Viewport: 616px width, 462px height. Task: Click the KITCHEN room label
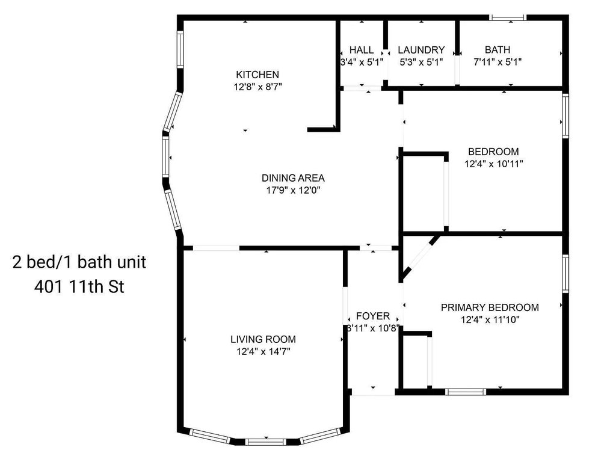pos(257,75)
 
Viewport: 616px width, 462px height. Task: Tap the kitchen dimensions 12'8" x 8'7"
pos(257,87)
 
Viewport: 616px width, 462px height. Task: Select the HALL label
pos(362,50)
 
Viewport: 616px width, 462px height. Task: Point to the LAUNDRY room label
pos(421,50)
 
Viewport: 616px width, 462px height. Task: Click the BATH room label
pos(497,50)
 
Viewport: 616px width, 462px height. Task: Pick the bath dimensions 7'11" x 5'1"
pos(497,62)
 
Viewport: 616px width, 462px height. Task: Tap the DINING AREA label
pos(293,178)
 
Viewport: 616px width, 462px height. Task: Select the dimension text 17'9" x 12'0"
pos(293,191)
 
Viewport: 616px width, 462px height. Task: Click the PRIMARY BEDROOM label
pos(490,307)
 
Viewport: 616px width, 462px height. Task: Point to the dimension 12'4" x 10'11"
pos(494,164)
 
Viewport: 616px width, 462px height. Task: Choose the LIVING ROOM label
pos(263,339)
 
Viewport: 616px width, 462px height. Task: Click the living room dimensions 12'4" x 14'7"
pos(263,351)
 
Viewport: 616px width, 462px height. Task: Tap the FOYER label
pos(373,316)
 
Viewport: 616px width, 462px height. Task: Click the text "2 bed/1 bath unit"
pos(79,262)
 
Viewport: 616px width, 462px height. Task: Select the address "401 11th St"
pos(79,287)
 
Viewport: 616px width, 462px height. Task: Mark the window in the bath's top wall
pos(508,17)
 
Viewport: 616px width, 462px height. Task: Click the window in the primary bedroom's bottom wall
pos(466,392)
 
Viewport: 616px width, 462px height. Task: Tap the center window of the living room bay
pos(266,442)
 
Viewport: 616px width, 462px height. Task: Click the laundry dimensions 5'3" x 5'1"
pos(421,62)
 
